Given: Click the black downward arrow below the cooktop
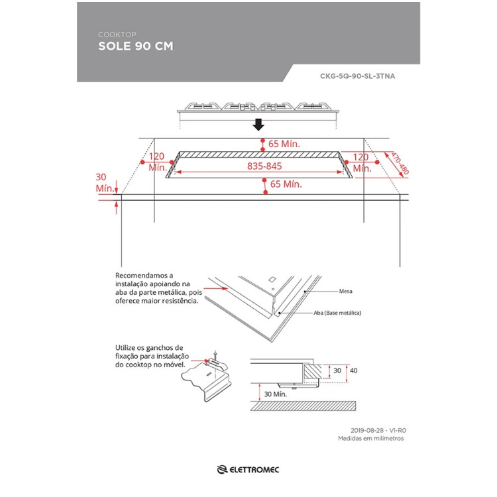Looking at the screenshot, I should [259, 125].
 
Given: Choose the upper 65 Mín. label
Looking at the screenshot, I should [284, 143].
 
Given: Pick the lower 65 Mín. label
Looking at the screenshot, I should [286, 184].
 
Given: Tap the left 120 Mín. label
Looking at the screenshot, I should [156, 162].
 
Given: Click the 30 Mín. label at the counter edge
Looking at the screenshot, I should [105, 182].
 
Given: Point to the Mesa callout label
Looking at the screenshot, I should [345, 290].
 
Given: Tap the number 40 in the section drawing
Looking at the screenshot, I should [353, 370].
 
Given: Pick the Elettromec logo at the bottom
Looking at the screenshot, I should [249, 470].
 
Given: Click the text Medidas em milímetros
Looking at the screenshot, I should [370, 439].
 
